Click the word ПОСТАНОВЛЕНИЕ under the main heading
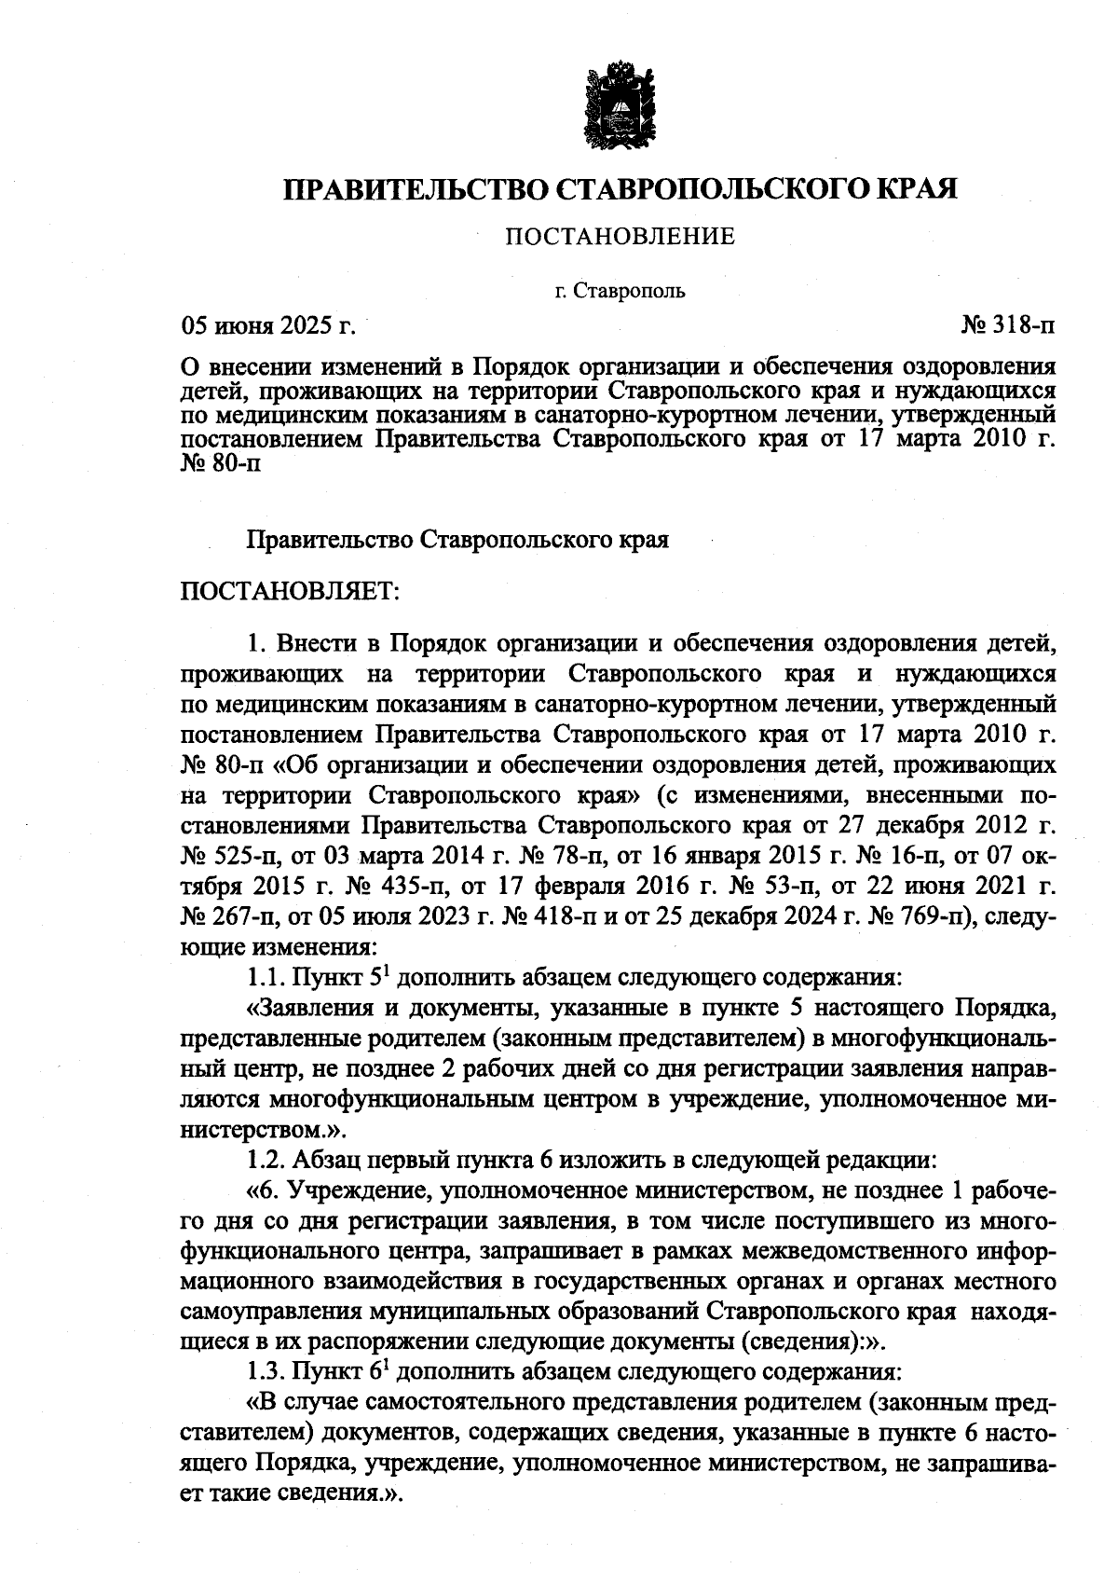[620, 237]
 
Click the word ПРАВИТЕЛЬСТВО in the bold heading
[417, 189]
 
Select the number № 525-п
[225, 854]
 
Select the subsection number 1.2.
[266, 1161]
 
